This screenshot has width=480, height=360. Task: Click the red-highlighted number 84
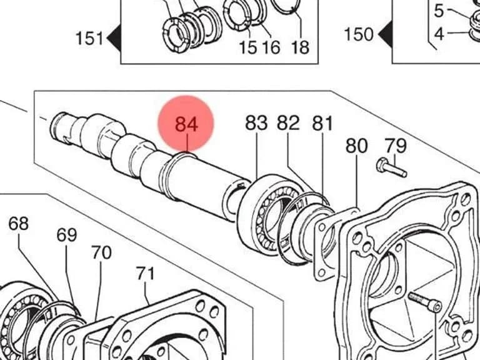pos(186,124)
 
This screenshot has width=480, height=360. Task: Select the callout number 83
pos(256,122)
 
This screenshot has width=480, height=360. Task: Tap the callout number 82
pos(288,122)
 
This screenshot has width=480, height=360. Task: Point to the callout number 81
pos(322,124)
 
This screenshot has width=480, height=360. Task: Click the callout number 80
pos(357,146)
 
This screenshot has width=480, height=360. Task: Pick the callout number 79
pos(396,146)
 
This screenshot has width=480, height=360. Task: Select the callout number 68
pos(18,224)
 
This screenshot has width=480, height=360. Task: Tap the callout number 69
pos(67,235)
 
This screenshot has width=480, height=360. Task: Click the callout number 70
pos(101,253)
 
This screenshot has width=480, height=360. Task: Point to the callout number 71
pos(146,273)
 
